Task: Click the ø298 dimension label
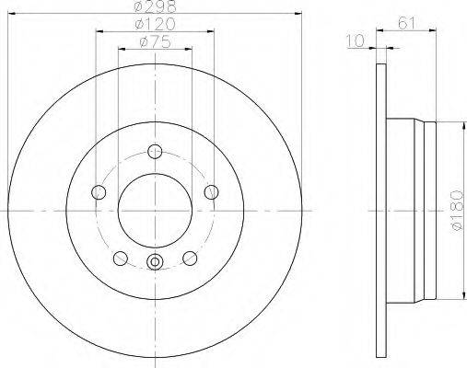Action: point(156,6)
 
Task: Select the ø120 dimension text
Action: point(156,24)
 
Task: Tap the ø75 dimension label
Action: point(155,42)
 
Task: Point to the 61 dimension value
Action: point(406,23)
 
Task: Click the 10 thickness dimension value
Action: point(356,40)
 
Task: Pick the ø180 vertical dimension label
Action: point(457,211)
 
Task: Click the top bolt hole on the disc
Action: point(155,151)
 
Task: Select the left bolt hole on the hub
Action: point(99,192)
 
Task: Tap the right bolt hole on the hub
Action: point(212,192)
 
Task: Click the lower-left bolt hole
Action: point(121,259)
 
